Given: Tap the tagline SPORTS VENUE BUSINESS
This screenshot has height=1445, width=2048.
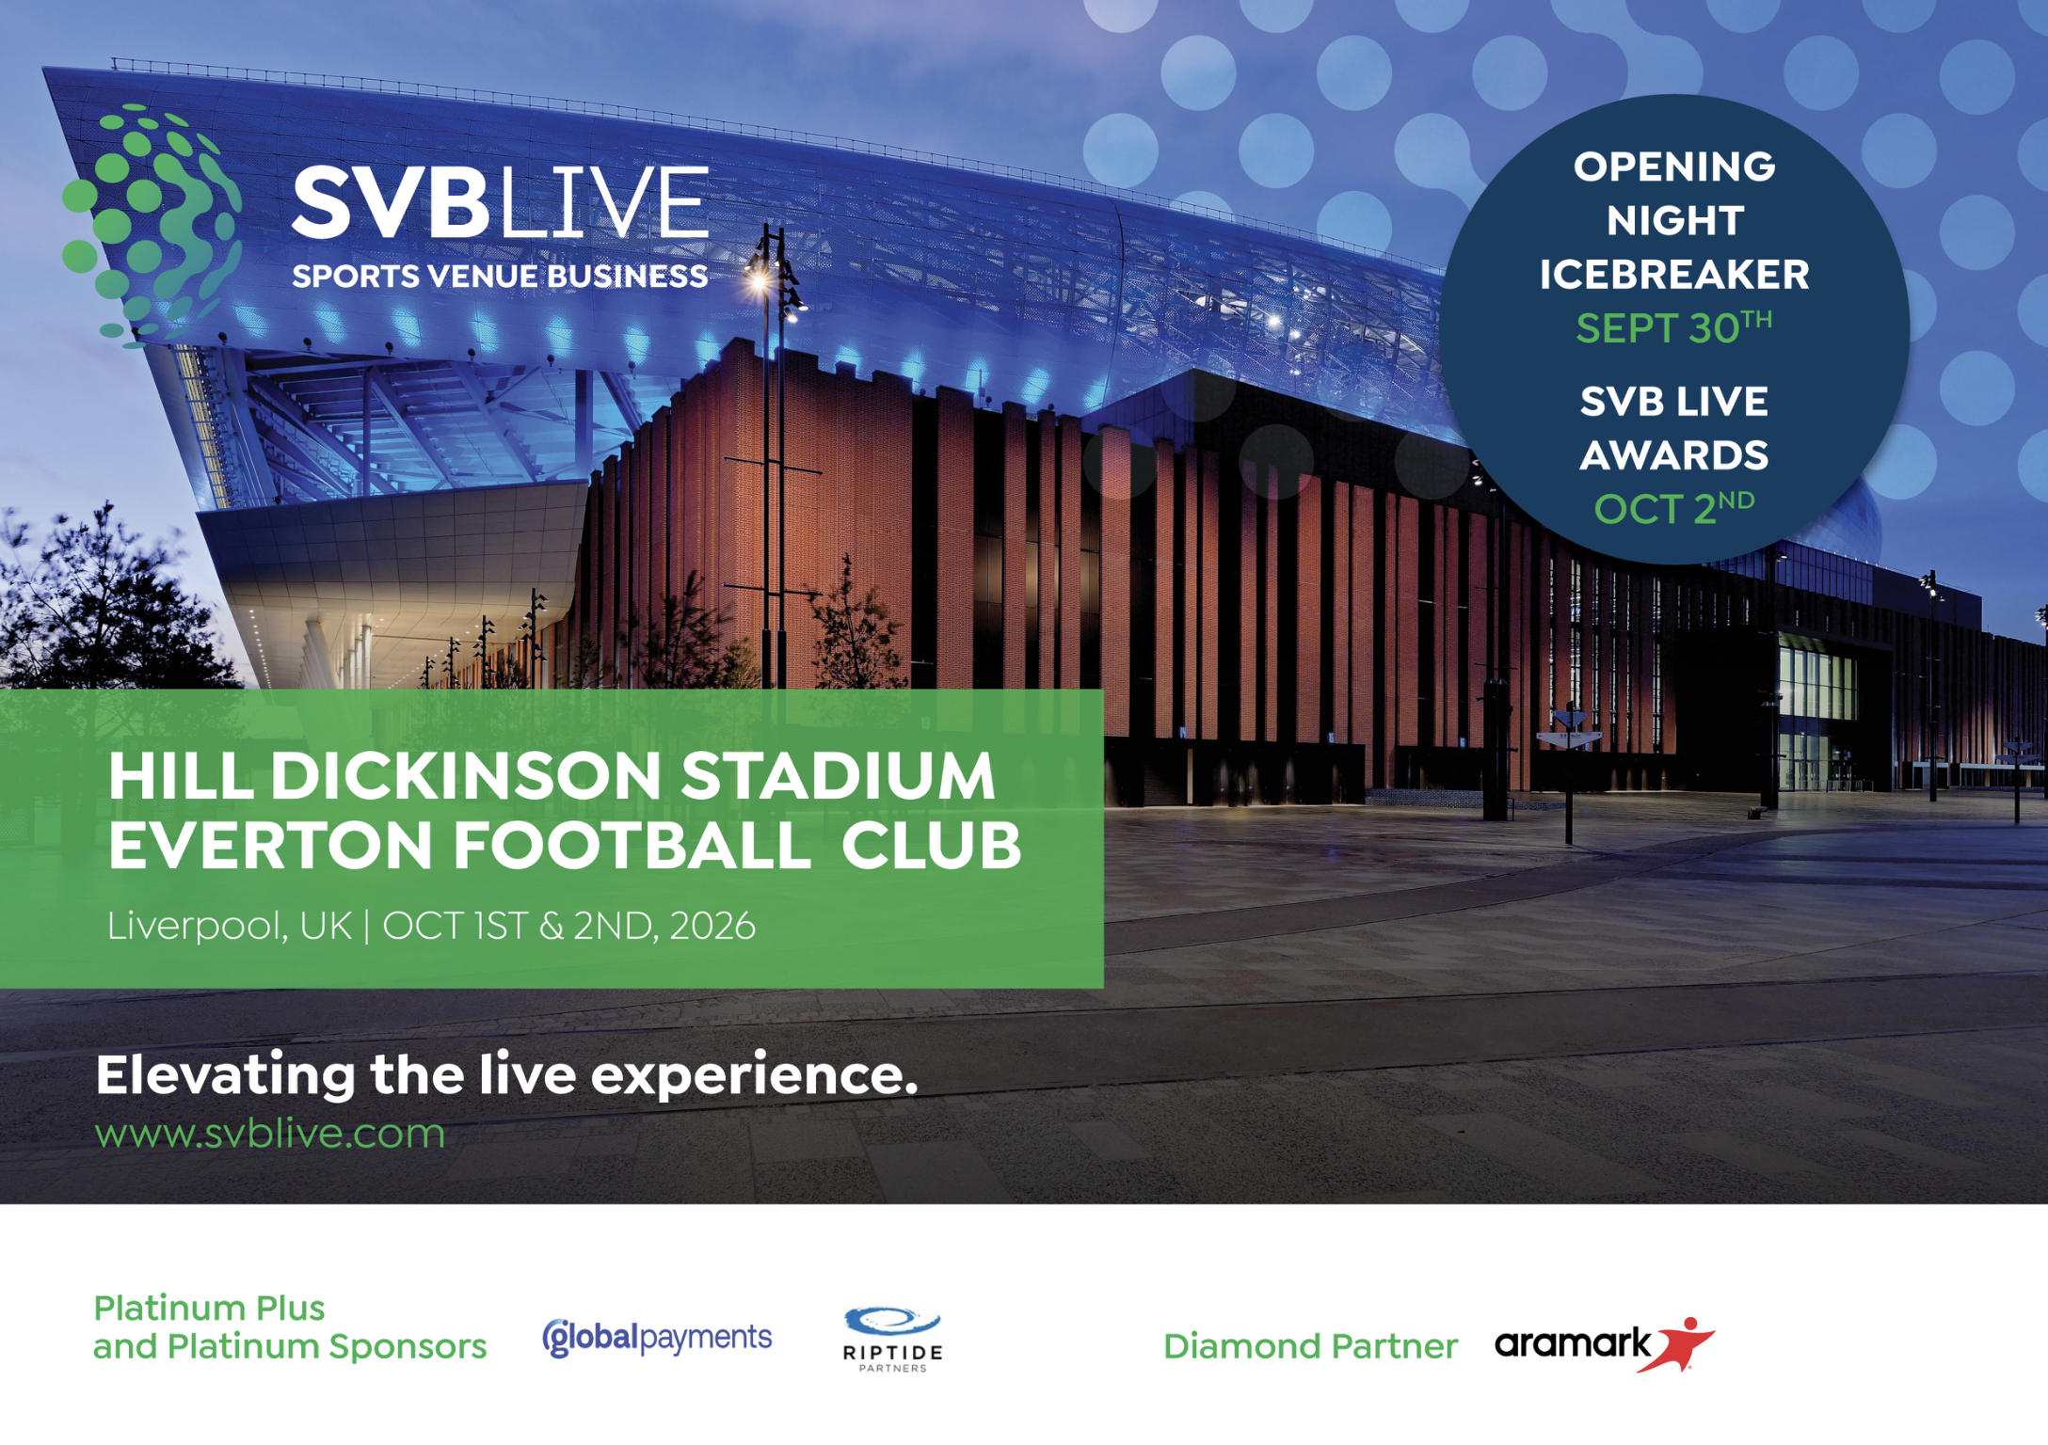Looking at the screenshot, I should [x=499, y=277].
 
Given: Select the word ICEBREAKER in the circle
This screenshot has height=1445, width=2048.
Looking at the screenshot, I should [x=1673, y=275].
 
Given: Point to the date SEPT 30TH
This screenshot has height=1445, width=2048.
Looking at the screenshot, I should [x=1673, y=328].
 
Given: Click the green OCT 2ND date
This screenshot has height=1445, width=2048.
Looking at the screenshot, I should [x=1673, y=508].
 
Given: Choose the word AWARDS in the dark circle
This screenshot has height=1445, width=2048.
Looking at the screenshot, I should [x=1673, y=455].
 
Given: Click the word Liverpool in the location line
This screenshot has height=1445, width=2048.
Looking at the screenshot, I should [x=196, y=927].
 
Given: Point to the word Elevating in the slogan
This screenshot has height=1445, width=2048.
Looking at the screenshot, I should [x=226, y=1074].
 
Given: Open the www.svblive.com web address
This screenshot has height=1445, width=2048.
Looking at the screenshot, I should [x=270, y=1134].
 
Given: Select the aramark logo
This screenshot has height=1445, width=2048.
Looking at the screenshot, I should [x=1572, y=1343].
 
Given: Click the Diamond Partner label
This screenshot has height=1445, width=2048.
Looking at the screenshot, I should [x=1310, y=1346].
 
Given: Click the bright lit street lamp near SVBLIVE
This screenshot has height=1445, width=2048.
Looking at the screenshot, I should [x=759, y=278].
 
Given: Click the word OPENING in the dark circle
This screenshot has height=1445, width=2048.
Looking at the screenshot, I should [x=1673, y=167].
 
